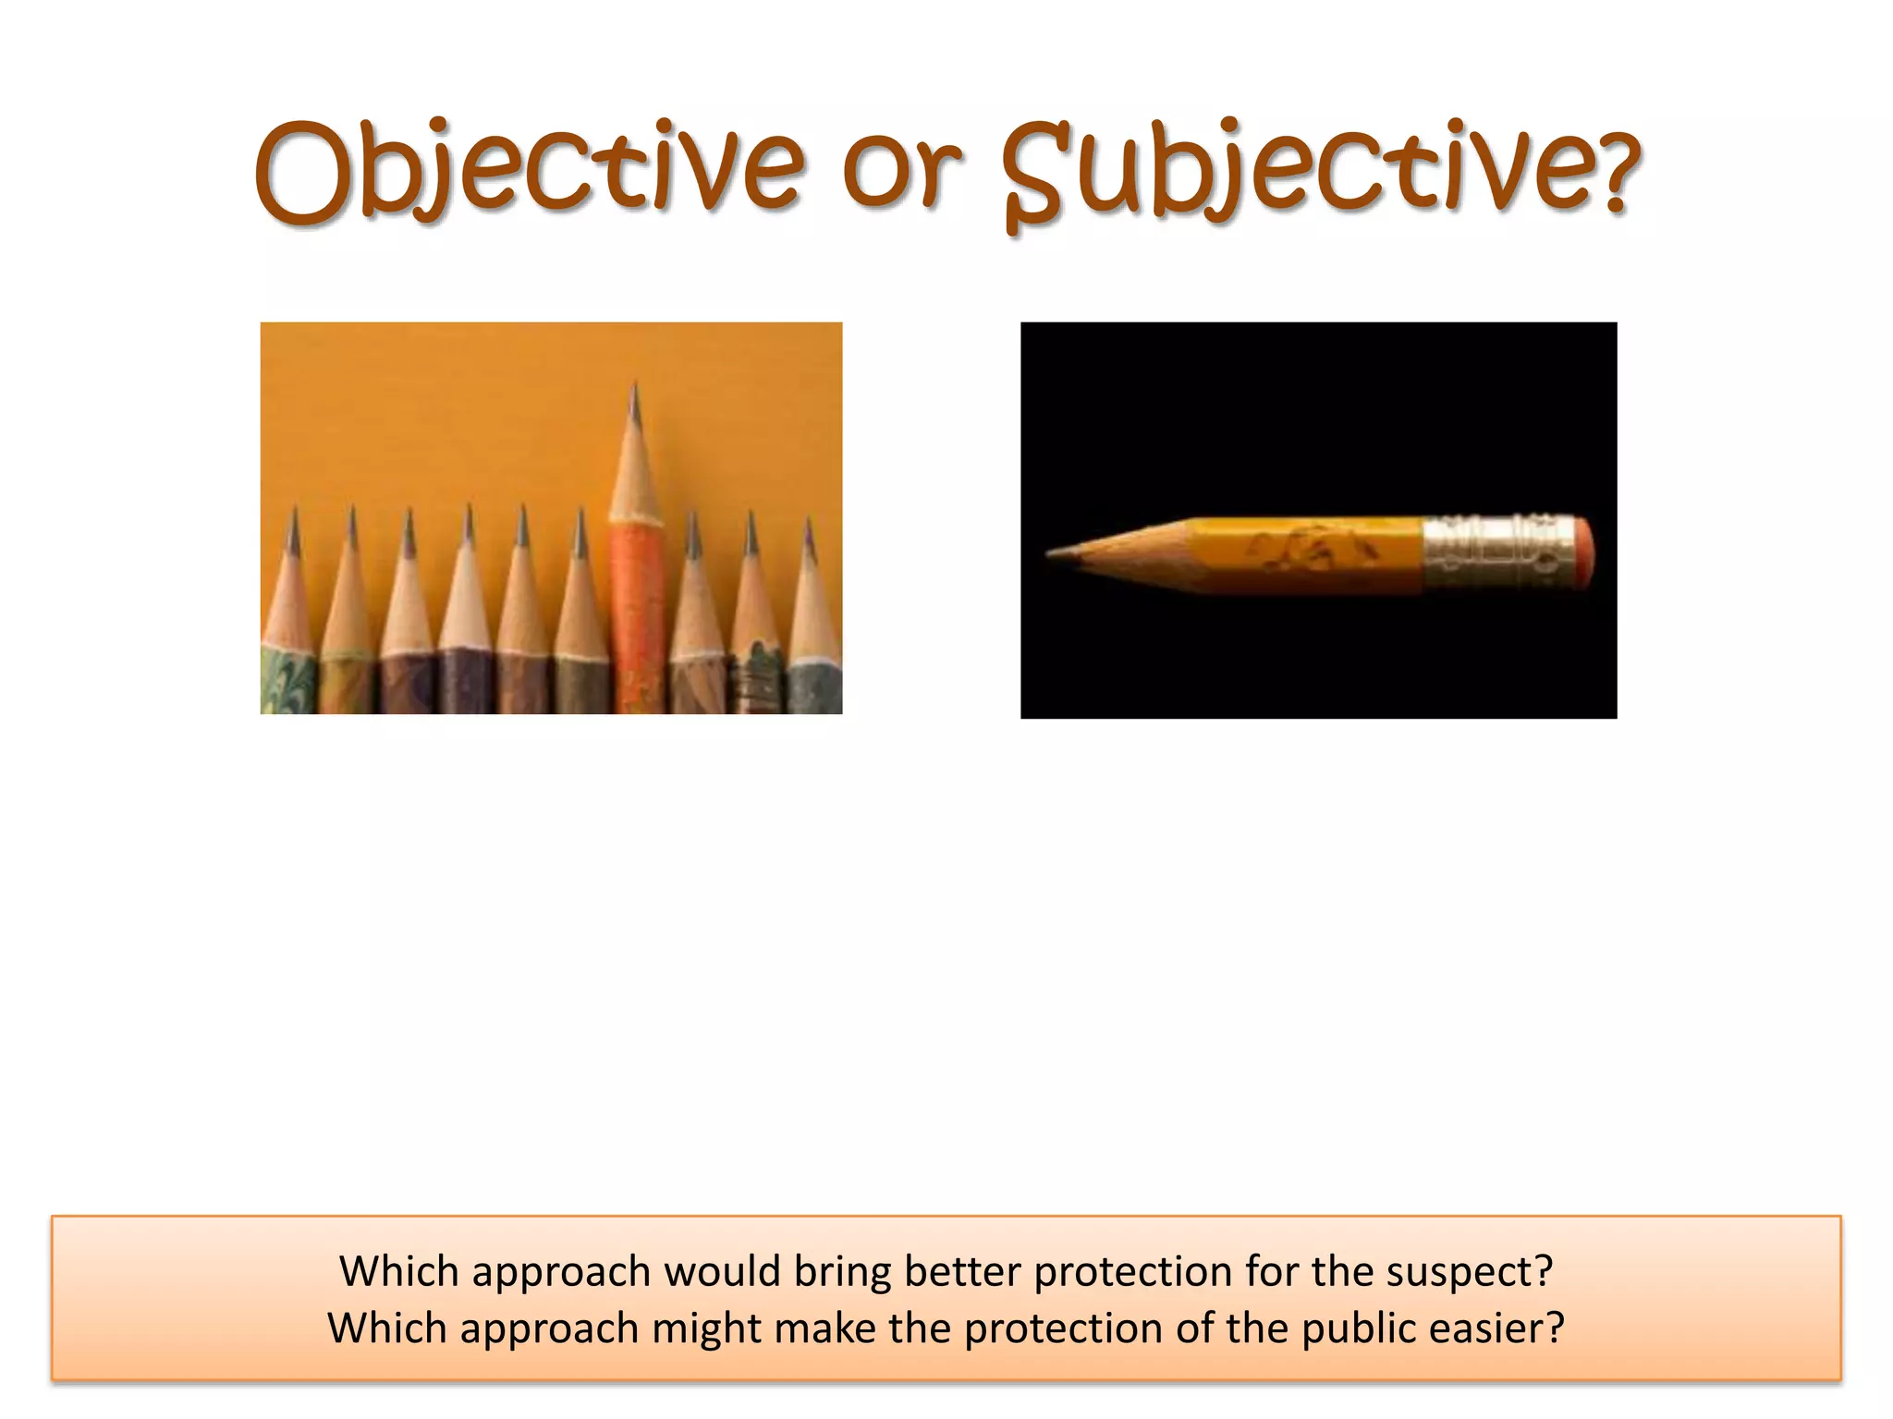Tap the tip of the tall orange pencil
coord(634,388)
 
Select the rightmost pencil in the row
coord(813,628)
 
